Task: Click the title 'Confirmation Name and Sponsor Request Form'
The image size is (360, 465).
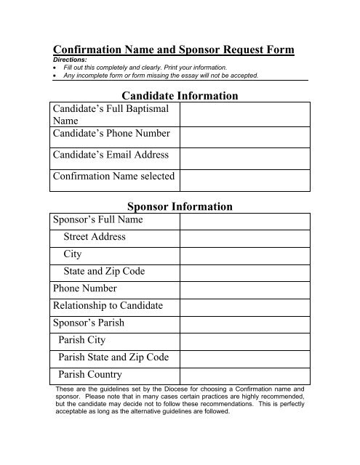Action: click(175, 49)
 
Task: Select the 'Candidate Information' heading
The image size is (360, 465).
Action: click(181, 95)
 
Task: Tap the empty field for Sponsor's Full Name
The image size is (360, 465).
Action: click(246, 220)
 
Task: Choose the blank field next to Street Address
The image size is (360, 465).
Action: click(246, 238)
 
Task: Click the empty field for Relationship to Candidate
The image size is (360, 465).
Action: click(246, 306)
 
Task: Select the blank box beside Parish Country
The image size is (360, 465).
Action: click(246, 376)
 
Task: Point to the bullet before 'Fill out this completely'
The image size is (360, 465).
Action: click(56, 68)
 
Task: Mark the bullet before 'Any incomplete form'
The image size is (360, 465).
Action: click(56, 75)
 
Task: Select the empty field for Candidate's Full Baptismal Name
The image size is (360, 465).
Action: click(246, 115)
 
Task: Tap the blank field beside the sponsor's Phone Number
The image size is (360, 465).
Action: click(246, 288)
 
